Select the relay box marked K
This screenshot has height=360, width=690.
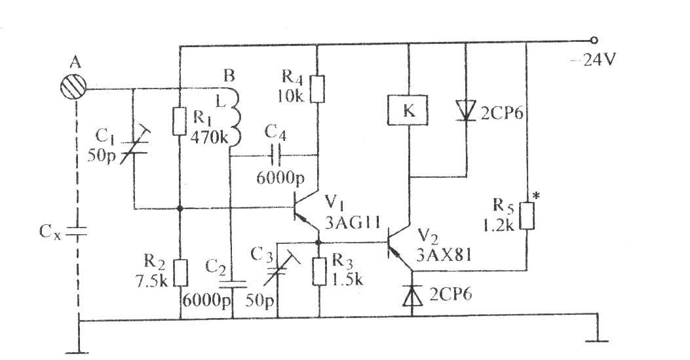408,110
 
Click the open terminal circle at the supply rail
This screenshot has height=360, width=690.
594,41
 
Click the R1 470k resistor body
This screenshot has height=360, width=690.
180,120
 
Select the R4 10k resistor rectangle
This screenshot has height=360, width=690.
317,89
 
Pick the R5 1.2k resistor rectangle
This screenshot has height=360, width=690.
527,216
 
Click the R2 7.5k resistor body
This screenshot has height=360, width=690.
180,273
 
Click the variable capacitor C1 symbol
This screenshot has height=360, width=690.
133,144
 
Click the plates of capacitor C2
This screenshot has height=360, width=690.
233,283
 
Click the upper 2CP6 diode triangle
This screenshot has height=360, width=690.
466,109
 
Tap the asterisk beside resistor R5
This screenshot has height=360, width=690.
535,195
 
